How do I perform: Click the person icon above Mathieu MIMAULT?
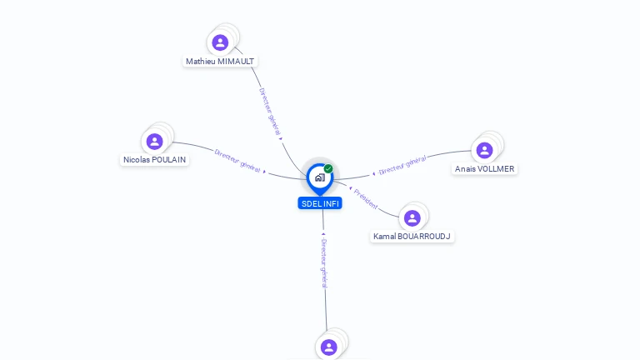[x=220, y=42]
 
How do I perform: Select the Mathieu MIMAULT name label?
[x=220, y=62]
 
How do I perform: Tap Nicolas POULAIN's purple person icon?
[x=154, y=142]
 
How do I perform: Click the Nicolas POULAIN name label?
[x=155, y=160]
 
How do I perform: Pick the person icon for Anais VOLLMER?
[x=484, y=150]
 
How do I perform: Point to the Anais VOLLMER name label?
[x=484, y=168]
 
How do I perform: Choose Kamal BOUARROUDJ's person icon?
[x=412, y=218]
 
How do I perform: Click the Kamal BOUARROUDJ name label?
[x=412, y=237]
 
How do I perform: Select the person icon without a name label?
[x=328, y=347]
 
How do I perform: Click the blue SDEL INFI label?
[x=320, y=203]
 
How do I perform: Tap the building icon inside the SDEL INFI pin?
[x=319, y=177]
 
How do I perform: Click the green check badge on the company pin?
[x=328, y=169]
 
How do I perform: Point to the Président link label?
[x=366, y=198]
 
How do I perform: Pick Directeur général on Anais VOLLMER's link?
[x=402, y=165]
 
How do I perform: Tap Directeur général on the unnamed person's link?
[x=324, y=262]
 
